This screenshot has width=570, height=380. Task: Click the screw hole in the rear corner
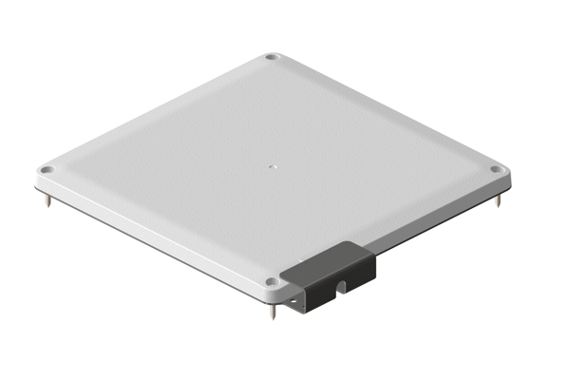click(273, 59)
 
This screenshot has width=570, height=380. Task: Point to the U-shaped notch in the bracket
click(340, 286)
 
